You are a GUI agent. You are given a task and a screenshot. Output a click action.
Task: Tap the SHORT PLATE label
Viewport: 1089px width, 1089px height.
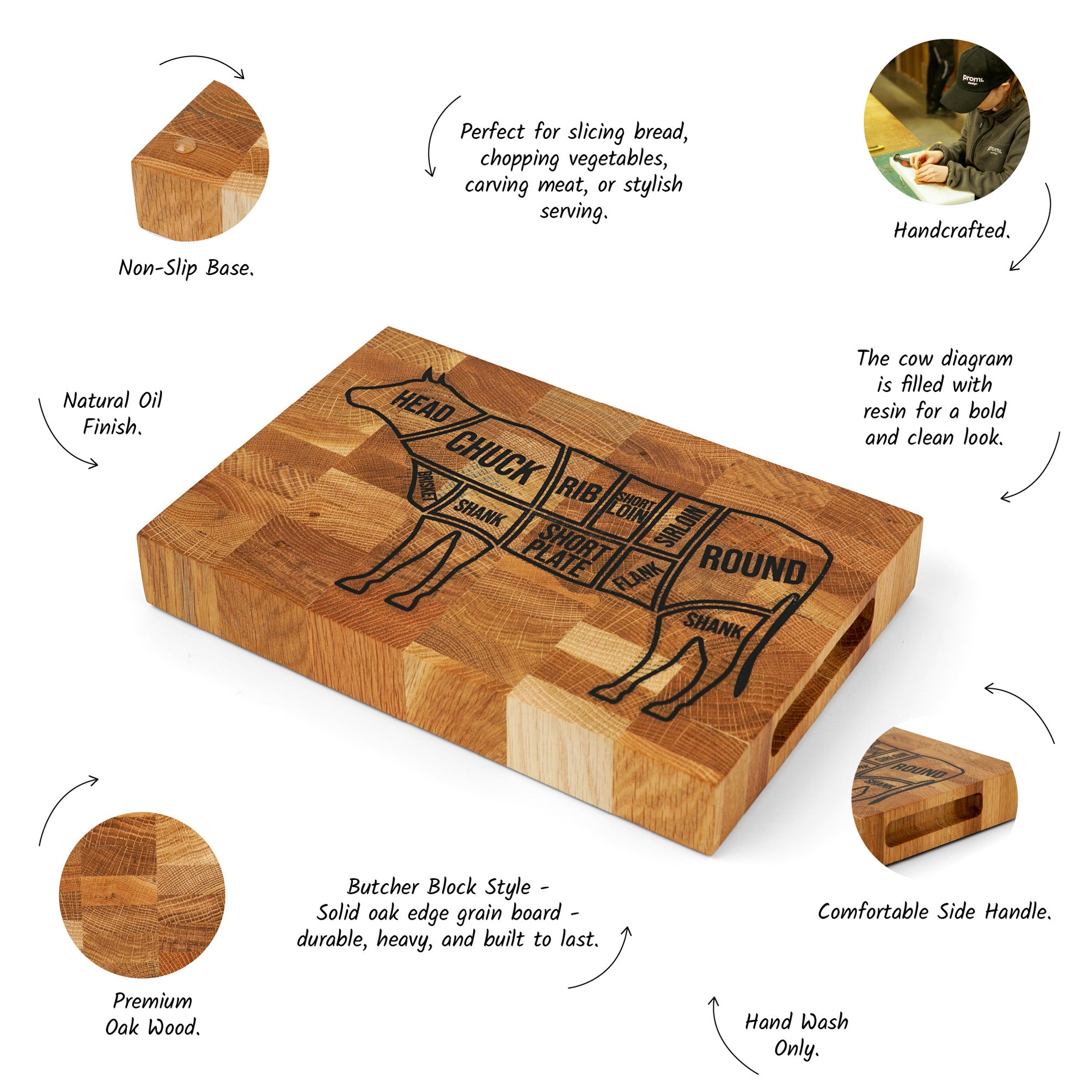pyautogui.click(x=565, y=550)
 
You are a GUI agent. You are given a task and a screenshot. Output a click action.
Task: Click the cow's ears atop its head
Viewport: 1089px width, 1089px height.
pyautogui.click(x=435, y=377)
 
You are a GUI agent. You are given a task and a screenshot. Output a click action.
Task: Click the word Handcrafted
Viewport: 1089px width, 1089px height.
pyautogui.click(x=952, y=230)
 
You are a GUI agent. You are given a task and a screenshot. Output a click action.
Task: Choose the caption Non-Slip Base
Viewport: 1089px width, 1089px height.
pyautogui.click(x=187, y=268)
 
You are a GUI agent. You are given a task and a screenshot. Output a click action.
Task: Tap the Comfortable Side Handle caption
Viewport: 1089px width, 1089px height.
pyautogui.click(x=934, y=911)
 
